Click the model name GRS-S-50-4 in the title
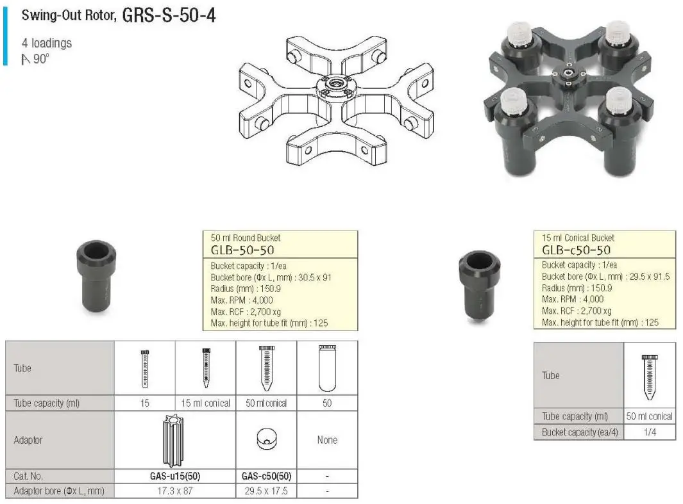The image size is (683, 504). click(168, 15)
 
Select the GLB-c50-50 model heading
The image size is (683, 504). click(576, 250)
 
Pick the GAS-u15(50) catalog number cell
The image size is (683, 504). click(175, 476)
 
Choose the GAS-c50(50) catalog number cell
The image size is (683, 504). click(266, 476)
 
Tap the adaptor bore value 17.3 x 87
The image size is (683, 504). click(175, 491)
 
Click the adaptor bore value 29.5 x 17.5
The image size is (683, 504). click(266, 491)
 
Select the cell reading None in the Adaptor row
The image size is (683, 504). click(327, 440)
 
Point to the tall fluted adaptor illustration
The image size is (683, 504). click(174, 441)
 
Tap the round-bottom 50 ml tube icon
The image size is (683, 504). click(327, 368)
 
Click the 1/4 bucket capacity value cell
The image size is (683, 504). click(649, 432)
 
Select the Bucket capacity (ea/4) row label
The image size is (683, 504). click(578, 432)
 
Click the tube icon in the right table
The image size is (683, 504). click(649, 376)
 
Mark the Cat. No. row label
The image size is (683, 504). click(28, 476)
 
